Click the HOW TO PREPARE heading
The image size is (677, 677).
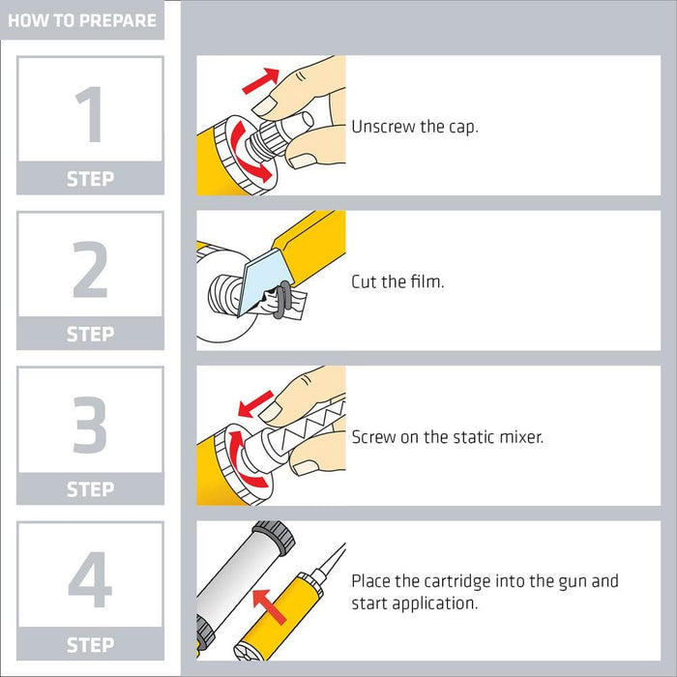click(82, 20)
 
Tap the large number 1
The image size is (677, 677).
click(90, 114)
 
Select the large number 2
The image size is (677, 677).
click(90, 269)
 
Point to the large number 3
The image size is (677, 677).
click(90, 425)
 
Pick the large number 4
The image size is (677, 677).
click(90, 579)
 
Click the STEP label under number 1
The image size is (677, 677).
click(90, 179)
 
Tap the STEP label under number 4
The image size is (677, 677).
click(90, 645)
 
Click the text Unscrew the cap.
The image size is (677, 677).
click(415, 127)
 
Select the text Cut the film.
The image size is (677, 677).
click(397, 281)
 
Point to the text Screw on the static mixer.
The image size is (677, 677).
click(447, 437)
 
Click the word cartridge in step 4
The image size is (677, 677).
click(457, 581)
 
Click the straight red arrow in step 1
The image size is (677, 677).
click(261, 80)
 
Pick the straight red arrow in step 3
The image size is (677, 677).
click(255, 404)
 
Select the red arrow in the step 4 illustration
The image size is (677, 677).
click(269, 606)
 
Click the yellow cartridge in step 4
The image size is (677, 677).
click(280, 616)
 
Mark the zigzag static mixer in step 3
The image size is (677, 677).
click(306, 425)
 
